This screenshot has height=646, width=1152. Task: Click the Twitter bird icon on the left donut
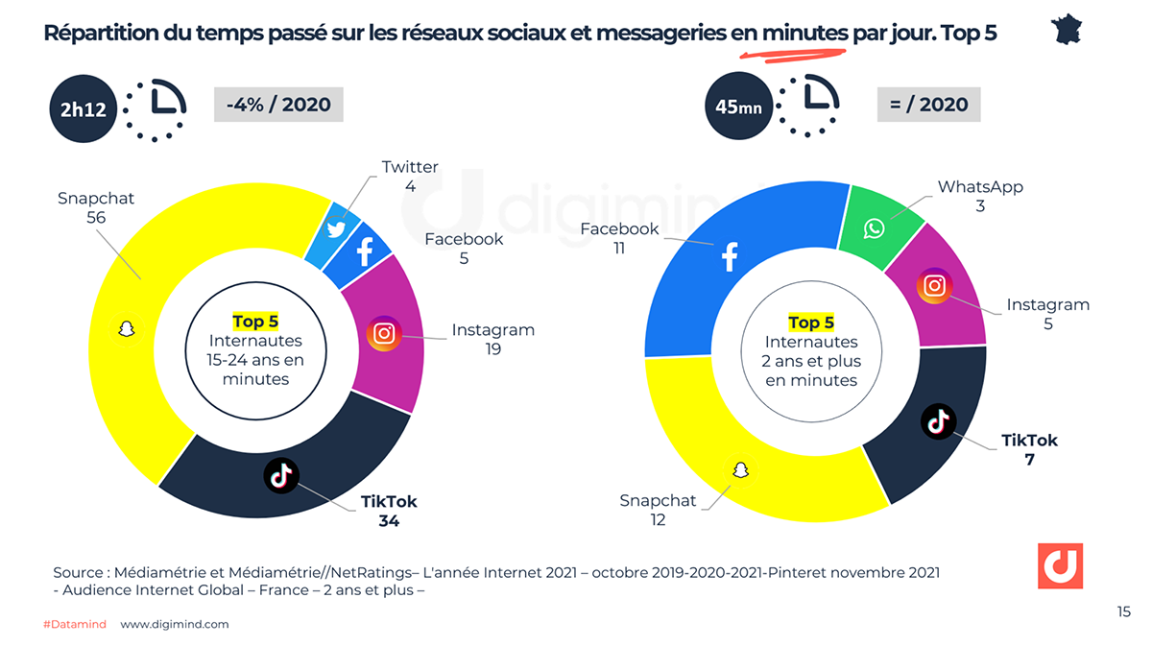(x=335, y=228)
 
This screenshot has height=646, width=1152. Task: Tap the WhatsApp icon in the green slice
(x=874, y=228)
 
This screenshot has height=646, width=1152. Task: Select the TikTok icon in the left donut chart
(x=281, y=474)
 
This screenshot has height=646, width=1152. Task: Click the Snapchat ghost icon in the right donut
(x=739, y=469)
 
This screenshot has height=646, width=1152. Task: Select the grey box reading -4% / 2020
(x=278, y=104)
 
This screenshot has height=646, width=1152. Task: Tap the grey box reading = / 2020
(x=928, y=104)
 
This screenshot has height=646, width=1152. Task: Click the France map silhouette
(x=1068, y=29)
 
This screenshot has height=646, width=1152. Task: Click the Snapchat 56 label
(x=96, y=208)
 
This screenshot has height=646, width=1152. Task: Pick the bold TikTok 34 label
(x=389, y=512)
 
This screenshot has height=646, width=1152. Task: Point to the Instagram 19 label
(x=493, y=340)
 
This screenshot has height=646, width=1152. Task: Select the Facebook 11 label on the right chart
(x=619, y=238)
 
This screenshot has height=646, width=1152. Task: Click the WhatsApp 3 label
(x=980, y=196)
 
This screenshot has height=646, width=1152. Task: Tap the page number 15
(x=1124, y=611)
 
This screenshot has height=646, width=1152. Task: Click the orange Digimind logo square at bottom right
(x=1060, y=565)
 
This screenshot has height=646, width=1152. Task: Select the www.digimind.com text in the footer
(x=175, y=624)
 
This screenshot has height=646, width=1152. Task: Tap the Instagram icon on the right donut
(x=934, y=286)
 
